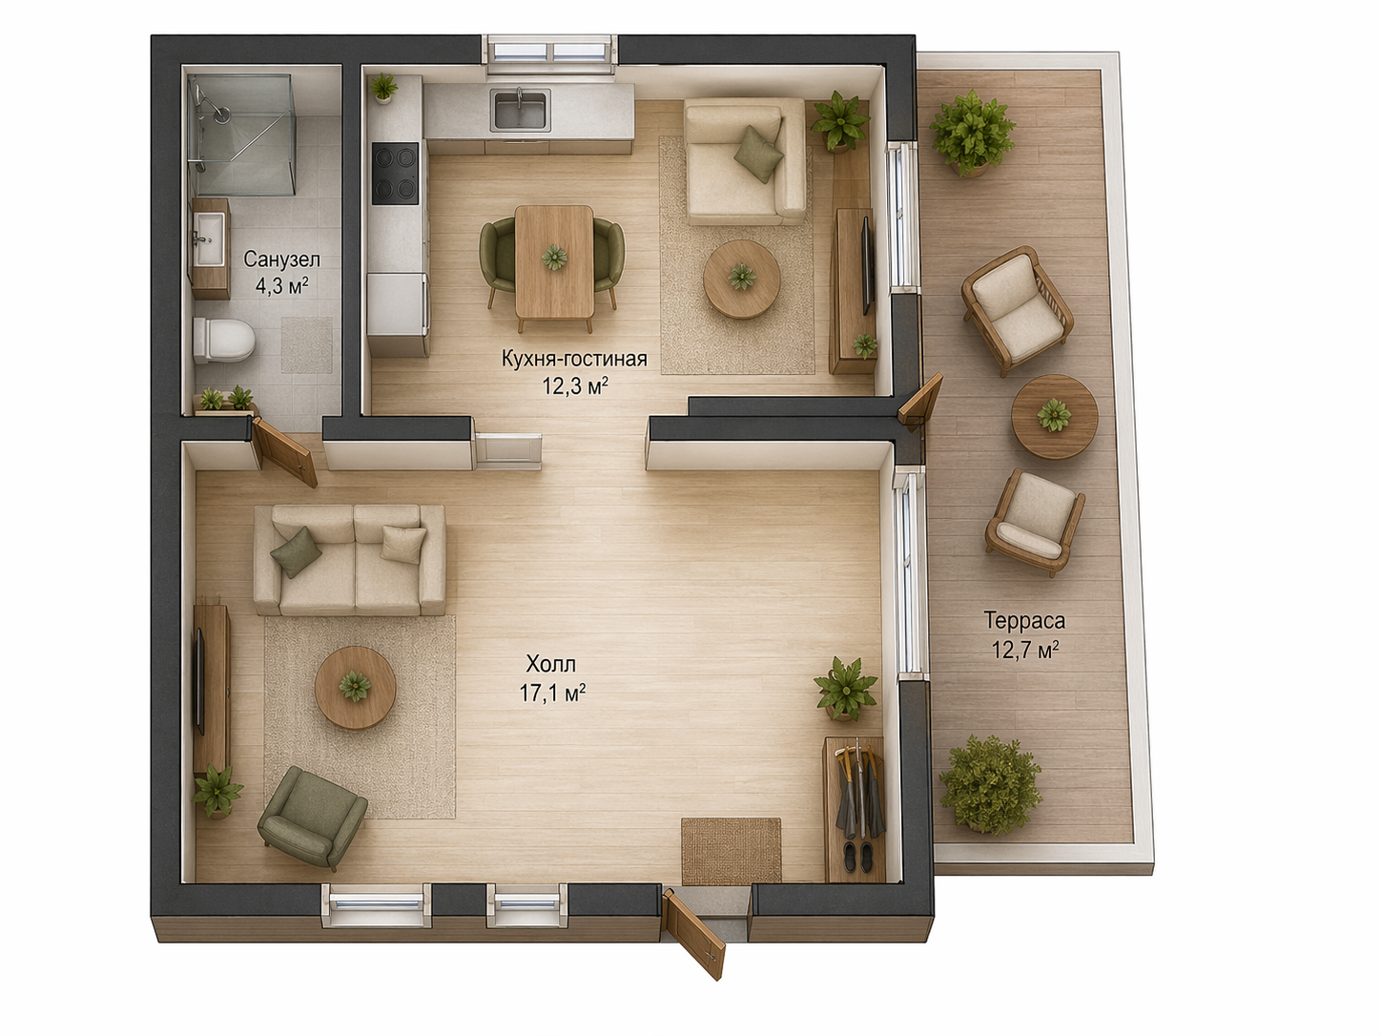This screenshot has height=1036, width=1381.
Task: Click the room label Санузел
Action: click(x=282, y=259)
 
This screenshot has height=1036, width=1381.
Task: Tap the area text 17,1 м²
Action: click(x=552, y=694)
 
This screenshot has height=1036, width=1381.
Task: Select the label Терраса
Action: click(x=1025, y=620)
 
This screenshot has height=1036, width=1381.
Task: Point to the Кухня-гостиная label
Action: click(x=574, y=359)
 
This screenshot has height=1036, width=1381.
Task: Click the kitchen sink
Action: click(x=521, y=110)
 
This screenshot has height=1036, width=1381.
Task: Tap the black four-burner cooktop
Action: click(x=395, y=173)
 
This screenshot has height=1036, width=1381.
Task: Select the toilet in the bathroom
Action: click(x=223, y=341)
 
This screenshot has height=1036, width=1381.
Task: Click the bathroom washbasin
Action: click(x=209, y=239)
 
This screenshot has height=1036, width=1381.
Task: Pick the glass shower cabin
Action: click(x=241, y=135)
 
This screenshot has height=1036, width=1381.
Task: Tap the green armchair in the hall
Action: click(x=312, y=818)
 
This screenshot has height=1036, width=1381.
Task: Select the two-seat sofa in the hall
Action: click(x=350, y=560)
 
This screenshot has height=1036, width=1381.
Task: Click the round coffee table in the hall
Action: click(x=356, y=688)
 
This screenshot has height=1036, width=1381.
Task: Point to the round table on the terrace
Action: click(x=1055, y=417)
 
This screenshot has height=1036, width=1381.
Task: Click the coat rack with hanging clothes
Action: click(x=855, y=794)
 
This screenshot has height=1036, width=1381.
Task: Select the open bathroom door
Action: click(x=284, y=451)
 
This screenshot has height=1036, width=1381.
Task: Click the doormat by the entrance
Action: click(x=732, y=850)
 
